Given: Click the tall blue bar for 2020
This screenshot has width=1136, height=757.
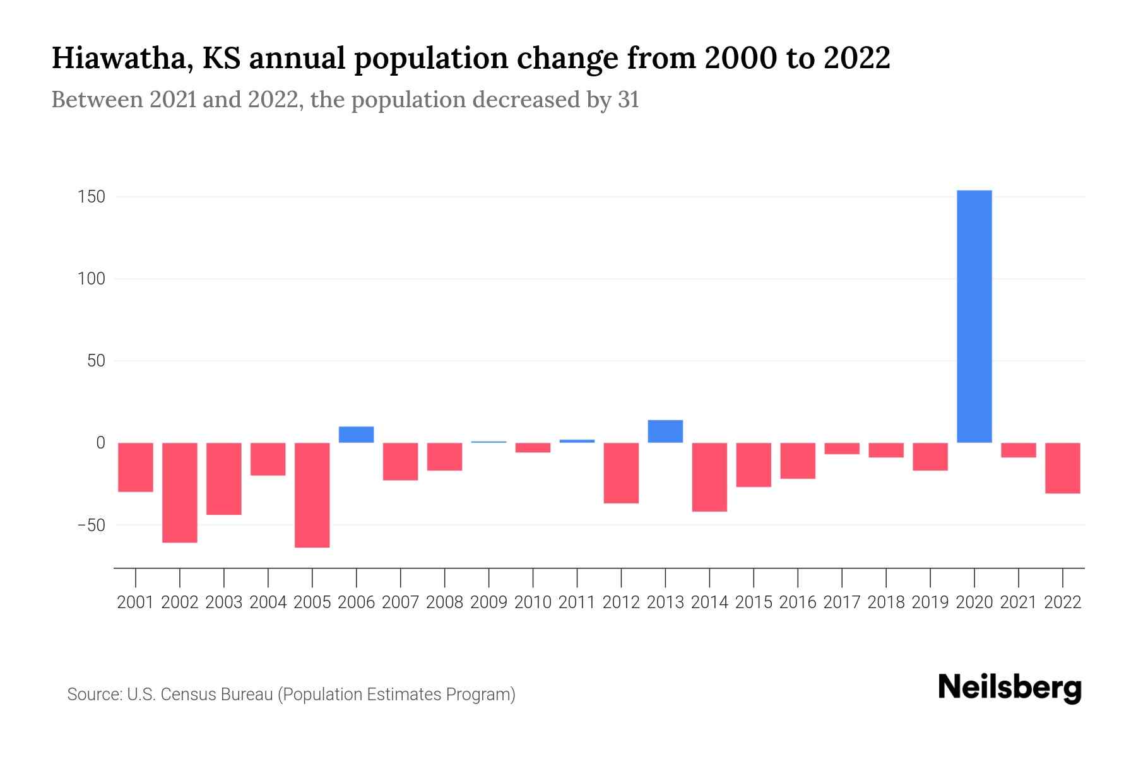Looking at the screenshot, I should [974, 316].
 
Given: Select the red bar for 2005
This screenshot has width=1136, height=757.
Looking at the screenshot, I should [312, 495].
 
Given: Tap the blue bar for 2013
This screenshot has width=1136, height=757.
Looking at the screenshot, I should [665, 431].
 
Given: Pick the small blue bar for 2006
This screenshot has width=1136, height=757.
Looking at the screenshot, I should [357, 435].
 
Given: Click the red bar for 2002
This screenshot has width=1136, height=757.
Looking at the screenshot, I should [180, 492].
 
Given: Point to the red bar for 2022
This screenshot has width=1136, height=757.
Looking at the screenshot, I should [1063, 467].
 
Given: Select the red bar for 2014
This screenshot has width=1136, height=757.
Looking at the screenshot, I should [709, 476].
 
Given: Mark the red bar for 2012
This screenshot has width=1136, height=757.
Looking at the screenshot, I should [621, 472].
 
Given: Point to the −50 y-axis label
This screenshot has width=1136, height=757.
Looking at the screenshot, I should [91, 525].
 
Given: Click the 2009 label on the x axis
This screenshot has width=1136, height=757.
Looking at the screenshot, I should [488, 602].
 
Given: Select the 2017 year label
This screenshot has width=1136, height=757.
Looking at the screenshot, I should [842, 602].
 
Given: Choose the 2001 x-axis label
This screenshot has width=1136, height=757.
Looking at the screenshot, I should [136, 602].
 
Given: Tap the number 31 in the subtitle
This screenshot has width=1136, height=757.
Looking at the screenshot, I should [628, 100].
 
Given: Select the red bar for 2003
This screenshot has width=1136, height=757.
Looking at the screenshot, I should [224, 478].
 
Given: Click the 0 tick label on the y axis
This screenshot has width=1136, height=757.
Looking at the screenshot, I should [100, 443].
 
